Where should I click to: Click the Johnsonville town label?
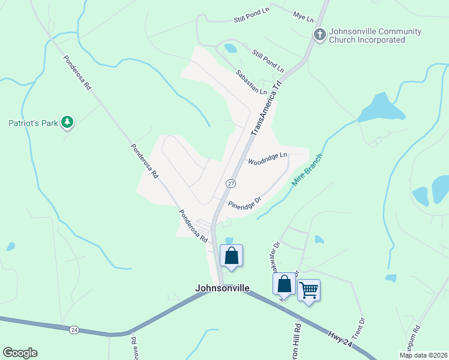pos(222,288)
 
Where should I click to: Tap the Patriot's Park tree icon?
pos(68,123)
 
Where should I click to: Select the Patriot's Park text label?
pos(33,124)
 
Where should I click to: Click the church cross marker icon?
pos(320,35)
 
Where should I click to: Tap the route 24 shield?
pos(74,329)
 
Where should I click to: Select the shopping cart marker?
pos(309,290)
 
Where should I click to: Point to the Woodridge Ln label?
pos(268,159)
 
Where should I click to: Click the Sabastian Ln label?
pos(251,82)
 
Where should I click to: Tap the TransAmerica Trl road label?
pos(265,108)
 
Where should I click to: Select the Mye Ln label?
pos(303,16)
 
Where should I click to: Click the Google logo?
pos(20,353)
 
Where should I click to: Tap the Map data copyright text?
pos(424,355)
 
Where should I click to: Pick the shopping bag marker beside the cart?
pos(284,284)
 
